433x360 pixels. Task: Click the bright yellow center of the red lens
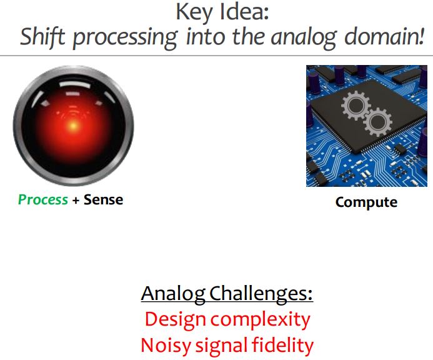[x=73, y=124]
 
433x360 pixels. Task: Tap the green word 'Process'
[x=42, y=200]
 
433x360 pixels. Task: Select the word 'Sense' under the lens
[x=103, y=200]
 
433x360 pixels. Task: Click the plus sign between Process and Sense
[x=76, y=200]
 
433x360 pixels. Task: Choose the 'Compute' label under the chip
[x=366, y=202]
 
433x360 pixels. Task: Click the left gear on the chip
[x=354, y=107]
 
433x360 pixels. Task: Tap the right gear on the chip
[x=377, y=122]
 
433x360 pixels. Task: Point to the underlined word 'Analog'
[x=174, y=293]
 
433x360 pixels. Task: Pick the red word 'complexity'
[x=261, y=320]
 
